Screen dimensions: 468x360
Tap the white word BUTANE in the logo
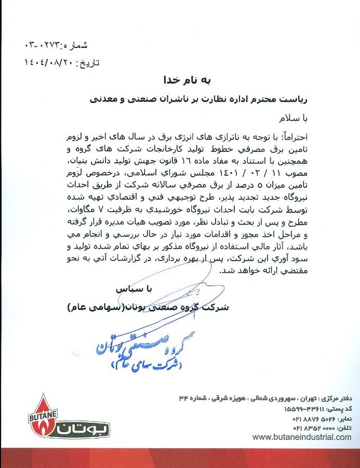point(40,410)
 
